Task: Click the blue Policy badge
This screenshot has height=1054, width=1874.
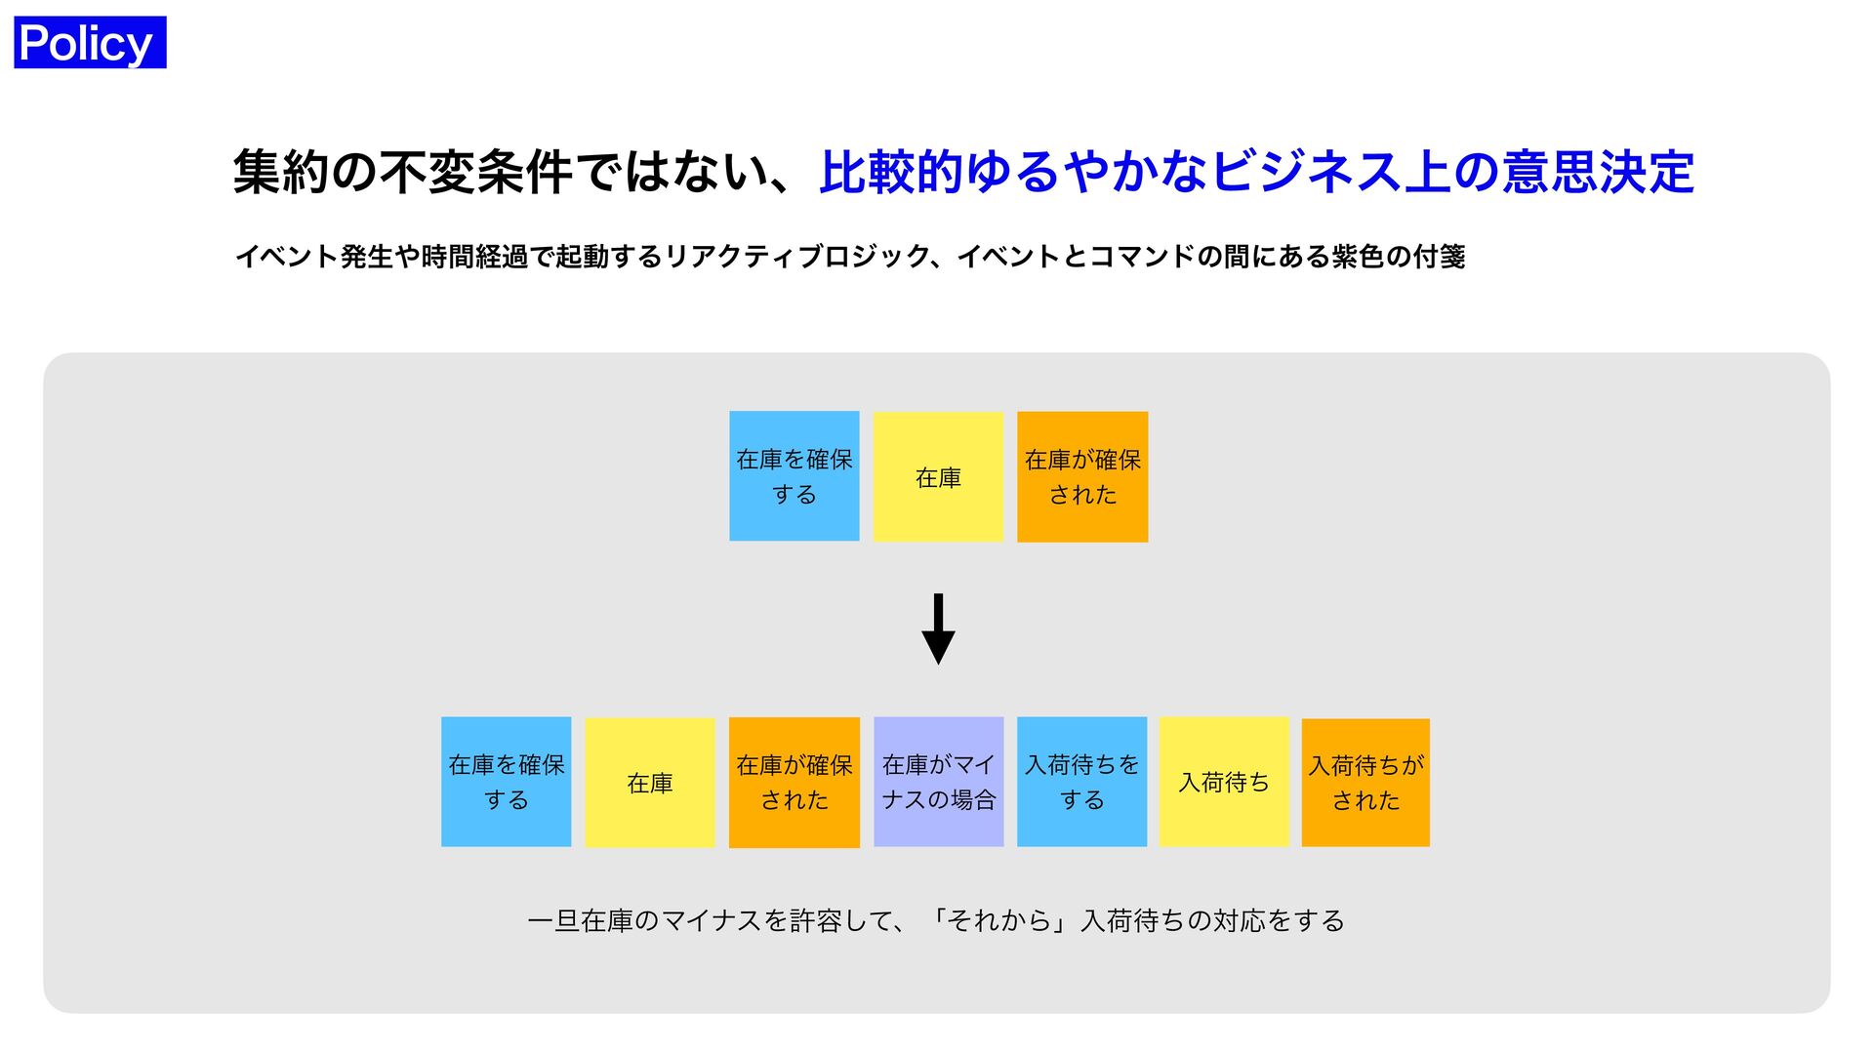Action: (90, 43)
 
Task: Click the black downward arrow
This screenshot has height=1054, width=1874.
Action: (938, 629)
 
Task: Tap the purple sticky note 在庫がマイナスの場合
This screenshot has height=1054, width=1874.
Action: (938, 782)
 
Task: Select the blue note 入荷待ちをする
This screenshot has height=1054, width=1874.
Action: (1081, 782)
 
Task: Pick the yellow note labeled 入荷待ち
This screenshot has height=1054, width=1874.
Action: (1224, 782)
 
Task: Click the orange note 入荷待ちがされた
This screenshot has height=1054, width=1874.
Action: (1365, 782)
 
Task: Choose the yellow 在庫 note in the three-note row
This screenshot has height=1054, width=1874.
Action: (938, 476)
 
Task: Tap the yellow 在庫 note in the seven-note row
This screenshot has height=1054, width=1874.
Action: (650, 782)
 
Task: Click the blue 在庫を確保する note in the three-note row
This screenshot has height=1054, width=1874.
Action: (794, 476)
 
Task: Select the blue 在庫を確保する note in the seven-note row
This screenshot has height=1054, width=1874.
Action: (506, 782)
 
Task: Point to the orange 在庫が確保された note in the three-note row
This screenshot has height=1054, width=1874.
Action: (1082, 476)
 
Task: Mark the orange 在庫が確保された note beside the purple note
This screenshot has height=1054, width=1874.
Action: (794, 782)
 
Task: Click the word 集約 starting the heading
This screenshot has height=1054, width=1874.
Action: (281, 172)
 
